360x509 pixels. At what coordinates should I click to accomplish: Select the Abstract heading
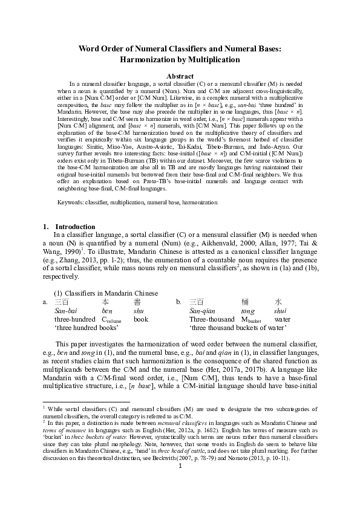pos(180,76)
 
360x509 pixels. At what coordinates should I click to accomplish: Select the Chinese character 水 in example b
pos(278,301)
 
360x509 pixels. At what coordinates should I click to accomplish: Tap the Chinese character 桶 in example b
pos(245,301)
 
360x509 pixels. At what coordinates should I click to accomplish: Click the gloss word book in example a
pos(141,319)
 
